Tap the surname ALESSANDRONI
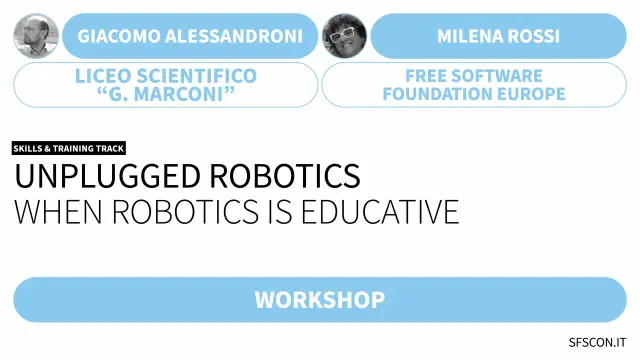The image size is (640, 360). pyautogui.click(x=234, y=36)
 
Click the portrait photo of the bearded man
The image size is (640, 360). pyautogui.click(x=36, y=36)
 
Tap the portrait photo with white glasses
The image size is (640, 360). pyautogui.click(x=344, y=36)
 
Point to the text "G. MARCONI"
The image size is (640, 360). pyautogui.click(x=166, y=94)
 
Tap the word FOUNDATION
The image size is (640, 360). pyautogui.click(x=436, y=94)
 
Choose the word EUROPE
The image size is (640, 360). pyautogui.click(x=529, y=94)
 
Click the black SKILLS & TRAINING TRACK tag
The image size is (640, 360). pyautogui.click(x=69, y=148)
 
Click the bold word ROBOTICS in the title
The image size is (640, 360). pyautogui.click(x=285, y=176)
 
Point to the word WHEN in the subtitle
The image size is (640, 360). pyautogui.click(x=58, y=212)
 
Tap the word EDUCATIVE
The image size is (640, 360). pyautogui.click(x=380, y=212)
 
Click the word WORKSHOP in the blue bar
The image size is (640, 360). pyautogui.click(x=320, y=300)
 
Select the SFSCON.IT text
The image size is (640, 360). pyautogui.click(x=597, y=342)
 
